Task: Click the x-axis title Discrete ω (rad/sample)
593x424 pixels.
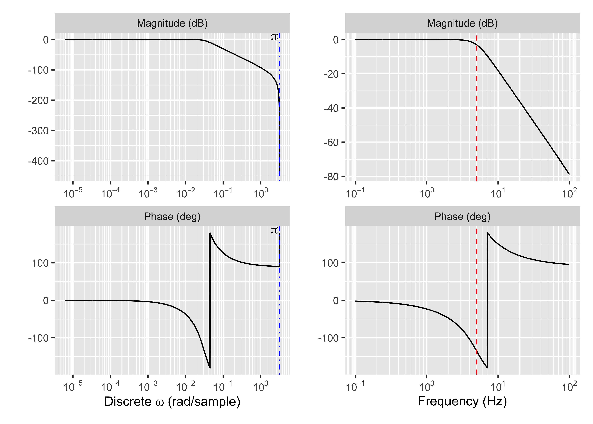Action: point(172,402)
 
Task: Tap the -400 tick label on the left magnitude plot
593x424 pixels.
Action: point(39,161)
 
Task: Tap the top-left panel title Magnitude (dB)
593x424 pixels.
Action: point(172,23)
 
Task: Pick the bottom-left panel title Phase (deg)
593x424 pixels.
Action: point(172,216)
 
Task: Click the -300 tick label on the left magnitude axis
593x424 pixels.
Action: point(39,131)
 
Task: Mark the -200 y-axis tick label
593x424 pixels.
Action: point(39,100)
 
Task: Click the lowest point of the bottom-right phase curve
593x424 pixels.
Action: point(487,368)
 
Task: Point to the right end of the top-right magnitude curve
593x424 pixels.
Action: point(569,174)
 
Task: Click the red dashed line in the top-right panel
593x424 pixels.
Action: point(476,117)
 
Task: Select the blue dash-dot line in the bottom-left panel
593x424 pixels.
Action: point(279,313)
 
